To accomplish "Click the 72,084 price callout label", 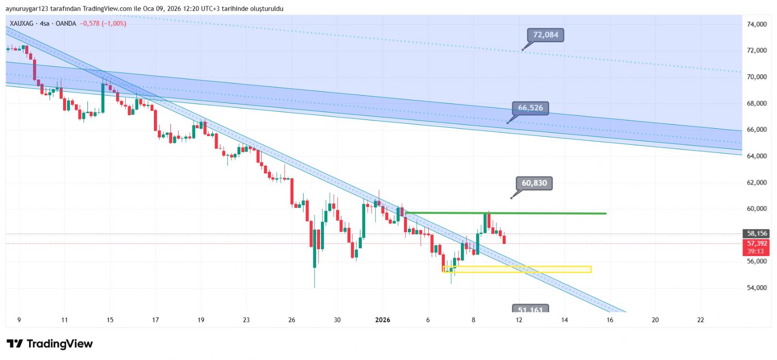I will click(545, 35).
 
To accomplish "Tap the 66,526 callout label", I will click(530, 108).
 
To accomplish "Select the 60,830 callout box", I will click(534, 183).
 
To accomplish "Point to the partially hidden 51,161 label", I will click(530, 309).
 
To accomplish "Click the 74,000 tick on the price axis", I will click(757, 24).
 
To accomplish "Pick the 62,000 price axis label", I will click(757, 183).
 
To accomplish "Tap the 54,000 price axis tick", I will click(757, 288).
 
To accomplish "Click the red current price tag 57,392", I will click(757, 244).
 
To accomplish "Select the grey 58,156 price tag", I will click(757, 234).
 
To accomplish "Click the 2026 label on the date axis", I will click(383, 320).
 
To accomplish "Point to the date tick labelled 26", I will click(291, 320).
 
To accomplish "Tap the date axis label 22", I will click(700, 320).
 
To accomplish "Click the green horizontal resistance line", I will click(505, 213).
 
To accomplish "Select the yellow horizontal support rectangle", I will click(517, 269).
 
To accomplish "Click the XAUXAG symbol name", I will click(22, 23).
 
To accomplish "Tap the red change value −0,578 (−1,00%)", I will click(103, 23).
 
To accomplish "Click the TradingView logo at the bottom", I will click(50, 344).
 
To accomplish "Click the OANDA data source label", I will click(66, 23).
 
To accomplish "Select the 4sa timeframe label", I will click(45, 23).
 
